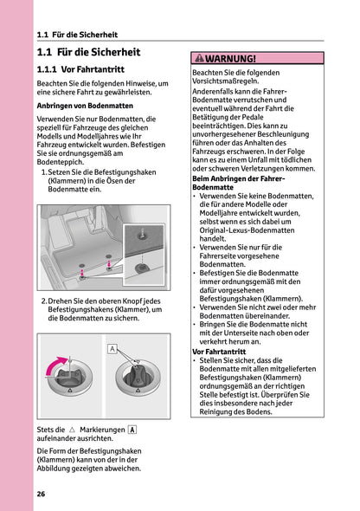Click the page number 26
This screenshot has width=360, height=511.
(42, 494)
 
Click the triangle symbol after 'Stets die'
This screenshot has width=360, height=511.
(72, 430)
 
